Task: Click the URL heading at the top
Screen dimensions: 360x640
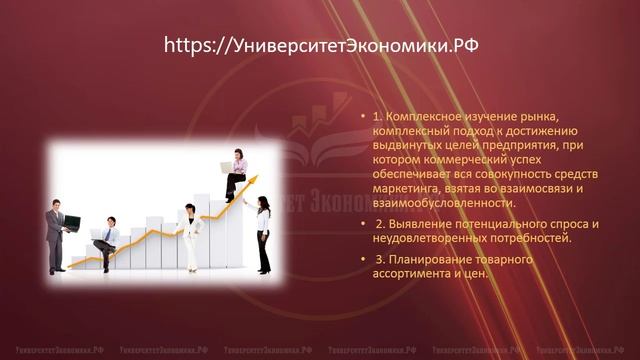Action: point(319,44)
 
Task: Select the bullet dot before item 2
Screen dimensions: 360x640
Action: point(363,224)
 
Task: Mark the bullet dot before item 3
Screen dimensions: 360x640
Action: point(363,260)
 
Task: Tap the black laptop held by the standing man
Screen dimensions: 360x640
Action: point(72,221)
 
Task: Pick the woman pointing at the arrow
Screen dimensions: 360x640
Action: point(263,232)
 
